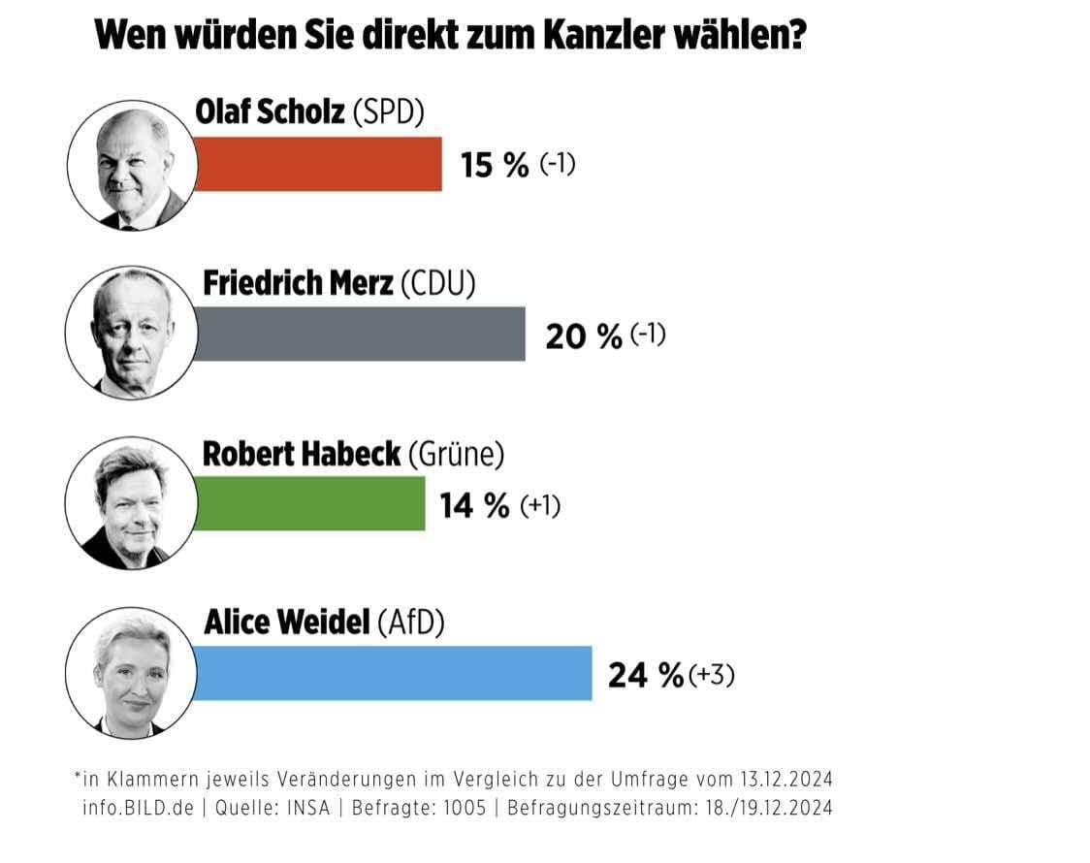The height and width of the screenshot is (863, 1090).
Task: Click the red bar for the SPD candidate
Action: point(318,164)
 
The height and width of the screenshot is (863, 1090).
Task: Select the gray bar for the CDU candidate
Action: point(360,335)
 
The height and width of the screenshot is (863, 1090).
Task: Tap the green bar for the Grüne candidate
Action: point(309,503)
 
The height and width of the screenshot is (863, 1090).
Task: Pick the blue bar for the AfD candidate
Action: point(393,673)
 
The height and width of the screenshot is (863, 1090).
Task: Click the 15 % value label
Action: point(495,165)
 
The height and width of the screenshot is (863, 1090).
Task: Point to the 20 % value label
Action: point(583,336)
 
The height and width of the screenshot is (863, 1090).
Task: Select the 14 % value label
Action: point(475,505)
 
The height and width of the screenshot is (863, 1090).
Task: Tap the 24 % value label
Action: point(645,675)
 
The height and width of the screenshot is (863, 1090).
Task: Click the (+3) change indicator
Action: point(711,675)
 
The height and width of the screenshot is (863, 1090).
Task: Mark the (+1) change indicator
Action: point(540,505)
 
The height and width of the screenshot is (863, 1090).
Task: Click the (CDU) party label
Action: point(439,283)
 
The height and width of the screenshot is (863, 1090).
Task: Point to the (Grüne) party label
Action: point(456,454)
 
